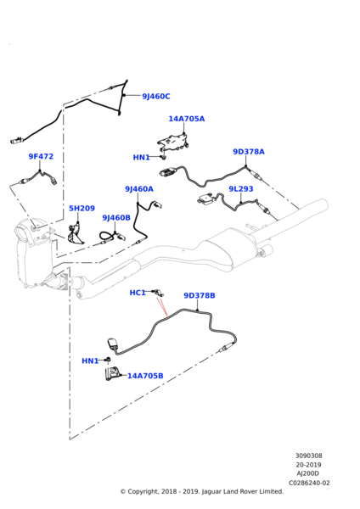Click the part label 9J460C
tap(155, 97)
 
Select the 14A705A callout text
tap(186, 119)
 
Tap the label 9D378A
tap(249, 152)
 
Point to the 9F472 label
tap(41, 156)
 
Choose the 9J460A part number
tap(139, 213)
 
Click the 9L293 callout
tap(240, 213)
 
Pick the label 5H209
tap(82, 232)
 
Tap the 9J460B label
tap(116, 242)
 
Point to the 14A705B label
tap(145, 376)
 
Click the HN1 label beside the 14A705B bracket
tap(90, 361)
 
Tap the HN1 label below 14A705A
tap(141, 157)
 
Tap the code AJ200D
tap(309, 473)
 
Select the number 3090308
tap(309, 456)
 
